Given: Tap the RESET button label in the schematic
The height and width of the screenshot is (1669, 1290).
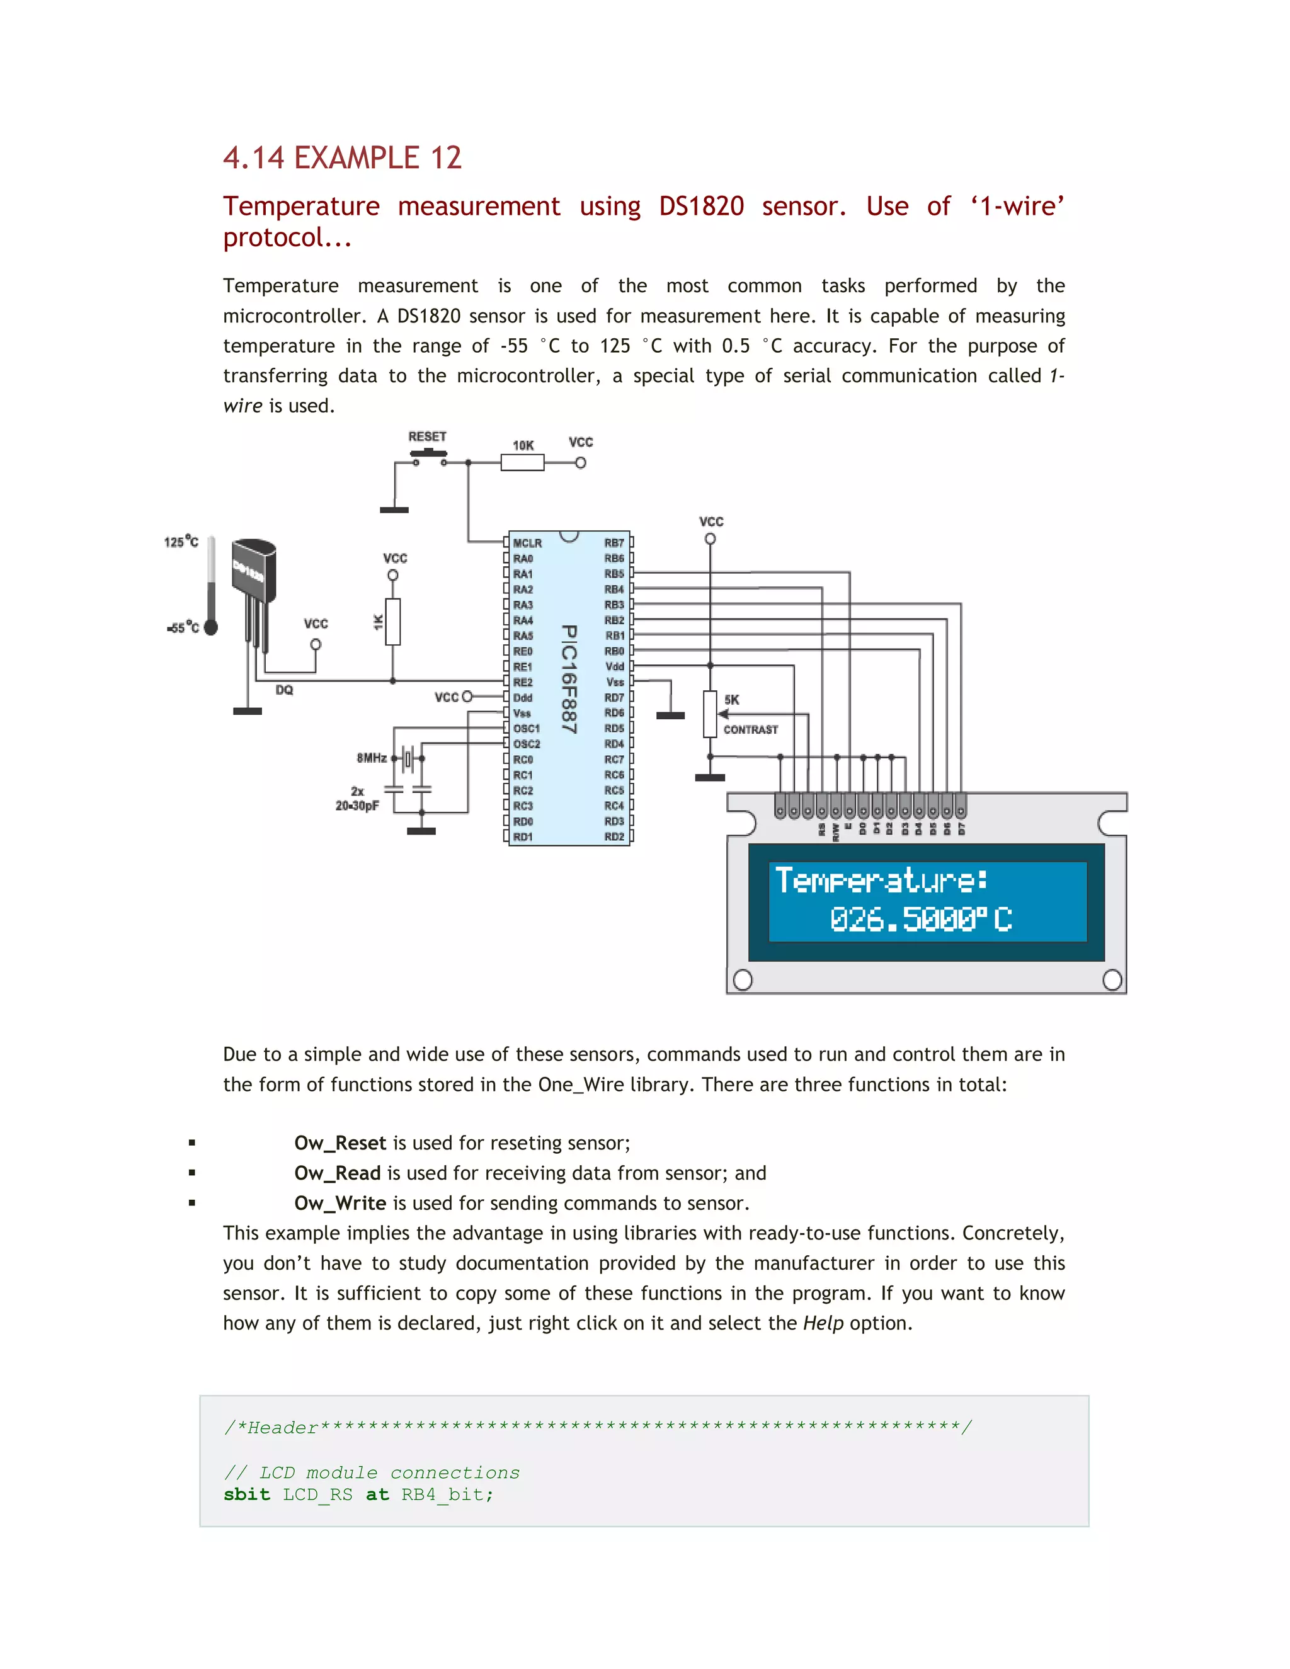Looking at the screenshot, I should pos(426,436).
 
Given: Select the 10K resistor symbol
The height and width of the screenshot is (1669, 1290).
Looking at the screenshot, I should pos(522,462).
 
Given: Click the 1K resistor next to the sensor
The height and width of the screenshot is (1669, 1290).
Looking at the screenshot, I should pos(393,622).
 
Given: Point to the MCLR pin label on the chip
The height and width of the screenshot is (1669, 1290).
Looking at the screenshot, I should pos(527,544).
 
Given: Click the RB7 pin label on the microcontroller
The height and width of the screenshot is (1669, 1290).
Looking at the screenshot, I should pos(614,544).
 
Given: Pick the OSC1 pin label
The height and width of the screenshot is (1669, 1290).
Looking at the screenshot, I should pos(527,728).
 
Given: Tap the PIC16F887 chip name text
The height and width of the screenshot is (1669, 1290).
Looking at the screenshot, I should pos(569,678).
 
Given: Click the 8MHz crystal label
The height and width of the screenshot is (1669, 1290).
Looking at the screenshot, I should pos(372,758).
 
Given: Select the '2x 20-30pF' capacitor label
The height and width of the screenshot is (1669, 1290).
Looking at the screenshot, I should pos(357,799).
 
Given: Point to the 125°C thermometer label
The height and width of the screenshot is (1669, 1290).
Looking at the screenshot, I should pos(181,542).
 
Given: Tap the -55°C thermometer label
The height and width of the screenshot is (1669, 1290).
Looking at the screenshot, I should pos(183,627).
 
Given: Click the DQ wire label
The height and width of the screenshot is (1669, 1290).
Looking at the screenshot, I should pos(284,690).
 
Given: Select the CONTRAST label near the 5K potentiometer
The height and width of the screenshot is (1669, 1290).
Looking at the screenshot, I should pos(750,730).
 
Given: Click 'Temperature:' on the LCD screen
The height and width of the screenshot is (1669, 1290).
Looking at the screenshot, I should pos(881,880).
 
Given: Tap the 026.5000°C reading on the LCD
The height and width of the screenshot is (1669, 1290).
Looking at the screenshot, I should pos(920,920).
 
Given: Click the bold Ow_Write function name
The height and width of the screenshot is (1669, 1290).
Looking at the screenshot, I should pos(340,1204).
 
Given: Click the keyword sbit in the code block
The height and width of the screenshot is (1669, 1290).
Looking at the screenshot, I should pos(247,1495).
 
